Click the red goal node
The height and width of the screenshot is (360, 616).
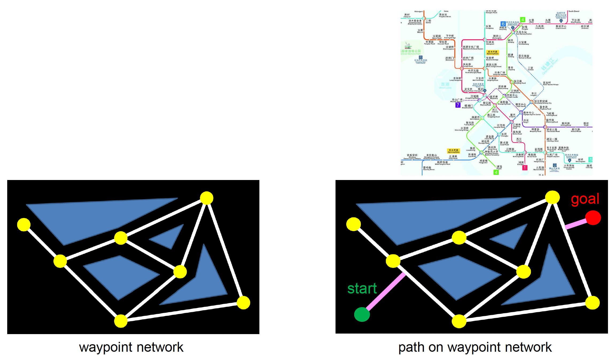coord(593,218)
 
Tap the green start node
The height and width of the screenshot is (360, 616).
coord(362,314)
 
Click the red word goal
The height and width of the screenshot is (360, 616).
coord(585,199)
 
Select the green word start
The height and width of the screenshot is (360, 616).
coord(362,288)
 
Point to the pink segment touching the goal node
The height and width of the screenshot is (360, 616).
coord(576,224)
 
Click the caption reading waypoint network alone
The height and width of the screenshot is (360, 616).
coord(131,347)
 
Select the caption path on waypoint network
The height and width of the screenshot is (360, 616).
coord(475,347)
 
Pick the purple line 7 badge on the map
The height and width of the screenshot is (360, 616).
coord(458,105)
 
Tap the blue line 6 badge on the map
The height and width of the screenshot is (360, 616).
coord(503,24)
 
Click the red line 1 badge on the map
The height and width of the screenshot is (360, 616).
coord(525,168)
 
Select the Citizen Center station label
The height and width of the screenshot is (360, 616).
coord(512,96)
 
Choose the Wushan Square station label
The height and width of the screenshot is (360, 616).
coord(457,100)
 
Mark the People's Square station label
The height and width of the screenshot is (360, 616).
coord(553,155)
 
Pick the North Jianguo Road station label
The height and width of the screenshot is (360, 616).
coord(493,65)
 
